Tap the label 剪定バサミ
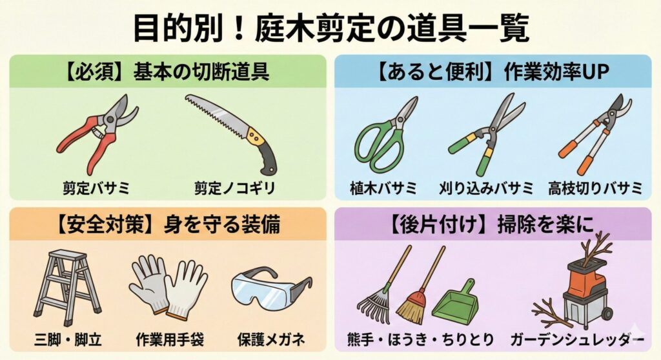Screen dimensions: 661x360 (x=97, y=188)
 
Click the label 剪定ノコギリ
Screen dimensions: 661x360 (x=234, y=188)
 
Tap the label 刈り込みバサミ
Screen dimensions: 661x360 (x=485, y=188)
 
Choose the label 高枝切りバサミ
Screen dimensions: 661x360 (x=595, y=188)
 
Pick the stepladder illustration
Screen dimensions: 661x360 (x=66, y=286)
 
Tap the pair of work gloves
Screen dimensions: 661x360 (x=168, y=286)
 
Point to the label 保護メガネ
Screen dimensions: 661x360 (x=271, y=339)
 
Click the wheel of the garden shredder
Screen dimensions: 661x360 (x=606, y=314)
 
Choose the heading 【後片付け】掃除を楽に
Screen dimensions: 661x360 (x=491, y=224)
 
